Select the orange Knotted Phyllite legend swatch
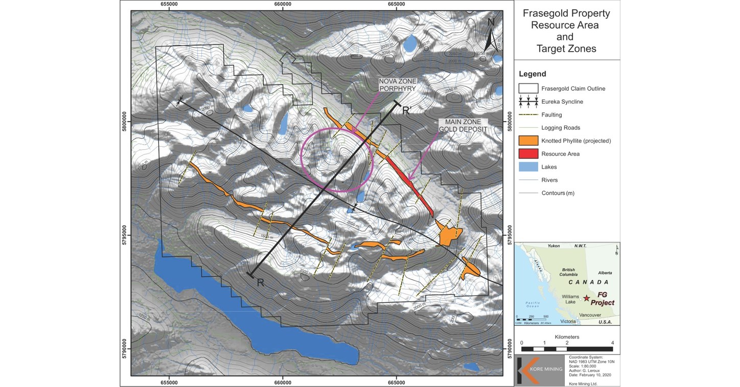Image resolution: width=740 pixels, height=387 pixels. pyautogui.click(x=528, y=141)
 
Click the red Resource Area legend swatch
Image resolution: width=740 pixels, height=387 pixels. pyautogui.click(x=528, y=153)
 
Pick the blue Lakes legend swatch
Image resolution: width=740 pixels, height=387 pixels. pyautogui.click(x=528, y=167)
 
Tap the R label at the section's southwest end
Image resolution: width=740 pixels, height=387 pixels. pyautogui.click(x=260, y=283)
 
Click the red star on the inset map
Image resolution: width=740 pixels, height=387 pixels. pyautogui.click(x=587, y=298)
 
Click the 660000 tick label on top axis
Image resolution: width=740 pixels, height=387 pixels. pyautogui.click(x=283, y=4)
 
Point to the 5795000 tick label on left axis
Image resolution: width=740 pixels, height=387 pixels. pyautogui.click(x=125, y=235)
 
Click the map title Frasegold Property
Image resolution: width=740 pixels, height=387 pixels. pyautogui.click(x=566, y=14)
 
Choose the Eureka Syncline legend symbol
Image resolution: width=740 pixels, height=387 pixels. pyautogui.click(x=528, y=102)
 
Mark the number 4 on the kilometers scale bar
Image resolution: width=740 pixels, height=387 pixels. pyautogui.click(x=612, y=343)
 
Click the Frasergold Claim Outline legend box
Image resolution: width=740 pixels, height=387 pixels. pyautogui.click(x=528, y=88)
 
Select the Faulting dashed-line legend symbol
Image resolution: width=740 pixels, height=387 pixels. pyautogui.click(x=528, y=115)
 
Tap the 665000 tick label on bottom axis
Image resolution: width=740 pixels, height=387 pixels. pyautogui.click(x=397, y=382)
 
